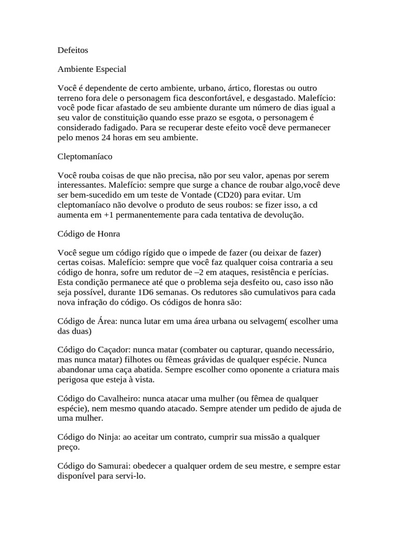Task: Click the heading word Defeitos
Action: tap(73, 50)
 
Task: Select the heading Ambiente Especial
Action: tap(92, 69)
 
